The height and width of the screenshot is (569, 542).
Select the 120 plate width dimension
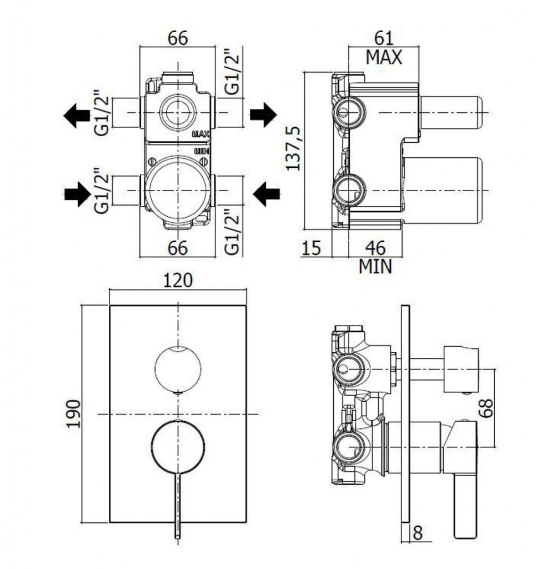pyautogui.click(x=178, y=281)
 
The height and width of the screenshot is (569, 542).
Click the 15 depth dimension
pyautogui.click(x=312, y=248)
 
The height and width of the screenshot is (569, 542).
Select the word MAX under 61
pyautogui.click(x=384, y=57)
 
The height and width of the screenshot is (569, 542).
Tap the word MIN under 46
pyautogui.click(x=375, y=267)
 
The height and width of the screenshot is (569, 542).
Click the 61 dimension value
pyautogui.click(x=384, y=38)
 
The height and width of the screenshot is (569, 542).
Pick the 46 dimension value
pyautogui.click(x=375, y=248)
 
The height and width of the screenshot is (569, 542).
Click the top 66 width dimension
pyautogui.click(x=178, y=38)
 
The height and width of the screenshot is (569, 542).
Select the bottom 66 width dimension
pyautogui.click(x=178, y=248)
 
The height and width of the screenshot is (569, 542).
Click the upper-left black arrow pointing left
pyautogui.click(x=77, y=116)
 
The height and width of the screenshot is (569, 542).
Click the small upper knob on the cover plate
pyautogui.click(x=177, y=368)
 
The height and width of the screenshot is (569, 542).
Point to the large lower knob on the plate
pyautogui.click(x=178, y=447)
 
